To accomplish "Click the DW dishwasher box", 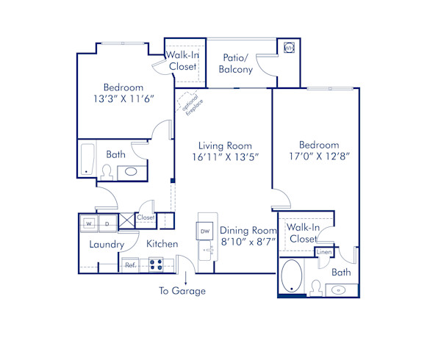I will pyautogui.click(x=204, y=231).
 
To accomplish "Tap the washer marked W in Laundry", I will pyautogui.click(x=88, y=223).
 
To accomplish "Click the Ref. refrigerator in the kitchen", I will pyautogui.click(x=129, y=264).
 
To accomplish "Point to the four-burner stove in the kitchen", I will pyautogui.click(x=157, y=264).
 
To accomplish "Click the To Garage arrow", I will pyautogui.click(x=186, y=278).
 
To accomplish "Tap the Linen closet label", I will pyautogui.click(x=323, y=253).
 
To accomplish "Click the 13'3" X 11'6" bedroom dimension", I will pyautogui.click(x=123, y=101).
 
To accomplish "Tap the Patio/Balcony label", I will pyautogui.click(x=236, y=63).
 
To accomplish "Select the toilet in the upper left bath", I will pyautogui.click(x=106, y=172).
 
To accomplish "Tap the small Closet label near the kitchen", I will pyautogui.click(x=146, y=217).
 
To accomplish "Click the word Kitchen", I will pyautogui.click(x=162, y=243).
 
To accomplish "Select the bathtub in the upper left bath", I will pyautogui.click(x=87, y=160).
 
